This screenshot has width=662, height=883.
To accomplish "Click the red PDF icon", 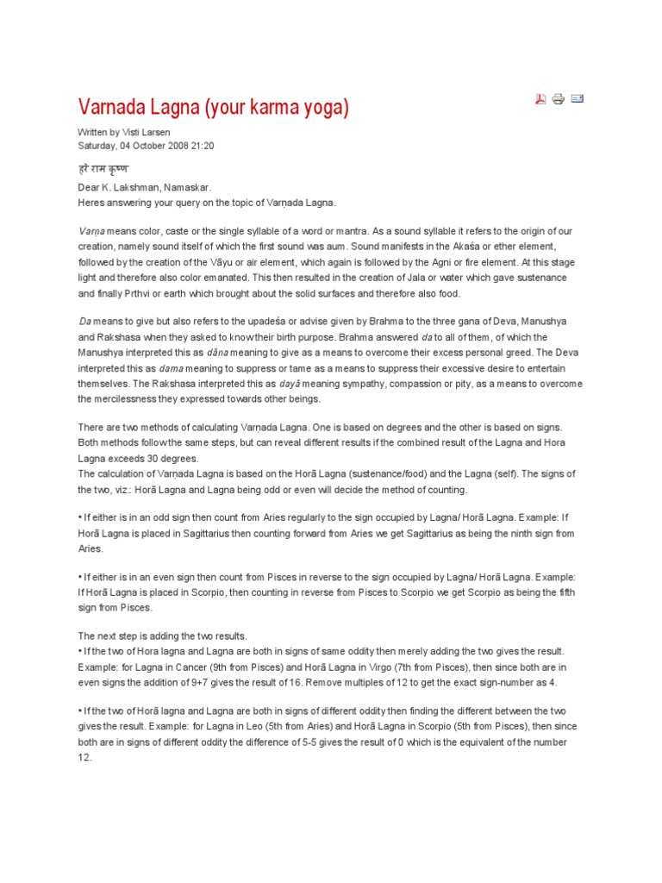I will [540, 99].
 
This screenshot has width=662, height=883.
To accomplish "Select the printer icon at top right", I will [559, 99].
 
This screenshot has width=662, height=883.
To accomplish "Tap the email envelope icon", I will [578, 99].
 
